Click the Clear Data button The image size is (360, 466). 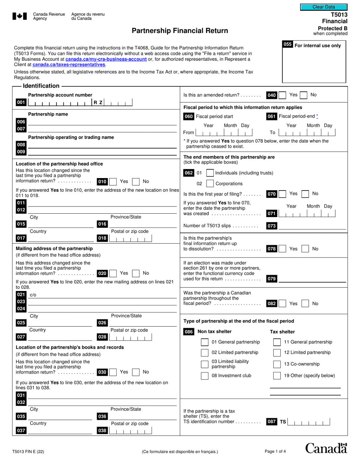(324, 7)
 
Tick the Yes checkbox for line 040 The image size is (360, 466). (282, 95)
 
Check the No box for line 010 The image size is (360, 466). (136, 181)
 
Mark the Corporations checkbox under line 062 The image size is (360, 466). (210, 184)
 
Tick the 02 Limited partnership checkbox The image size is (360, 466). (205, 353)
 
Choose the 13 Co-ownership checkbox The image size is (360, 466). (277, 364)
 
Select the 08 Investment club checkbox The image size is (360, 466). (205, 376)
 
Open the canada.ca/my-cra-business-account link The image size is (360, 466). (106, 59)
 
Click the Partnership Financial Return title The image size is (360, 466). (180, 31)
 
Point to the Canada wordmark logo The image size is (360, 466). (326, 448)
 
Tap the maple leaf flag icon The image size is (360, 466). (20, 16)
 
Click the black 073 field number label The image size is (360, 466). (272, 226)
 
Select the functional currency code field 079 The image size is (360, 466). (312, 279)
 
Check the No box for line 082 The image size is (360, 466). (305, 303)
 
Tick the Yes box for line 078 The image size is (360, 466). (282, 249)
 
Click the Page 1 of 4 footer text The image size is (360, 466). (275, 451)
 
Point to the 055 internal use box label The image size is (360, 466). (287, 45)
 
